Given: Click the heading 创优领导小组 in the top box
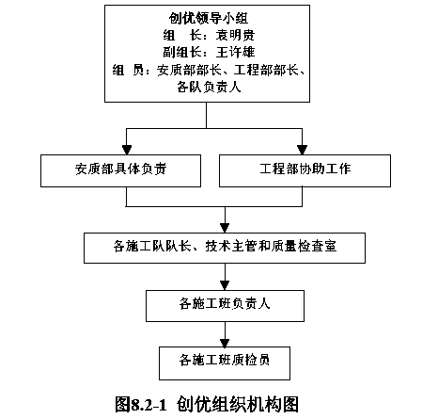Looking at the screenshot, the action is (209, 18).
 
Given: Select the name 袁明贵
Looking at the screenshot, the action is (235, 35).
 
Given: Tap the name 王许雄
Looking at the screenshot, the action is (235, 52).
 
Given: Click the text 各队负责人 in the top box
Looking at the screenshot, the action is (209, 87).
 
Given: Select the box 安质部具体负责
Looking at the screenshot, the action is (120, 170).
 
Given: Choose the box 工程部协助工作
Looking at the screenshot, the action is (305, 170).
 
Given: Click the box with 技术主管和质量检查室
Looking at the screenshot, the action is (225, 248).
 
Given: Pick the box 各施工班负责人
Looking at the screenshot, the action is (225, 306).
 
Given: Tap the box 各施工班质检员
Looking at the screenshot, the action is (225, 363).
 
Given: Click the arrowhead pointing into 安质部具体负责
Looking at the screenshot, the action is (127, 150).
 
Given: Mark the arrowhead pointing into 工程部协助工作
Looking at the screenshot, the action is (302, 150).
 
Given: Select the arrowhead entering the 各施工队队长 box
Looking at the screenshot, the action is (225, 228).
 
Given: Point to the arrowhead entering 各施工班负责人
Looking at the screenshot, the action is (225, 285).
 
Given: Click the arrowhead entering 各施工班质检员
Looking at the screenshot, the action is (225, 342).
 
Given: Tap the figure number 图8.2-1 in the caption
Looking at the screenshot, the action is (140, 404).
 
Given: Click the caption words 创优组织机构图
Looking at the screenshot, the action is (237, 404).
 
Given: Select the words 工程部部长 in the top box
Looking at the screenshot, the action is (266, 70).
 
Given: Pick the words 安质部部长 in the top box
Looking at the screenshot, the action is (189, 70).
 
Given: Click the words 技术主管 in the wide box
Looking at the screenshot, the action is (231, 246).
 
